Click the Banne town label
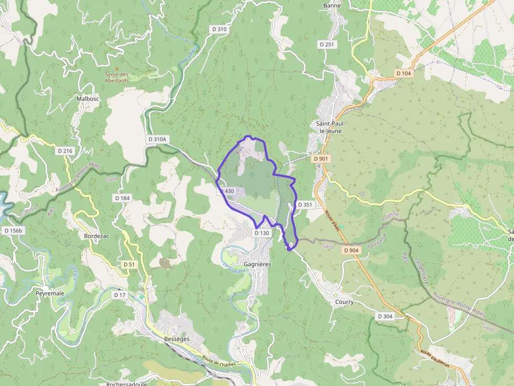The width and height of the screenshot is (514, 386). [332, 6]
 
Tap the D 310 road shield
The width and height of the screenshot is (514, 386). [220, 29]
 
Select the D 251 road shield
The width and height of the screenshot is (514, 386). [327, 45]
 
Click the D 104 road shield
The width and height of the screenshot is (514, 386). [403, 73]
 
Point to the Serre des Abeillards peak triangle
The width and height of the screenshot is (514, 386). [116, 68]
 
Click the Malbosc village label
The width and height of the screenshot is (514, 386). [88, 98]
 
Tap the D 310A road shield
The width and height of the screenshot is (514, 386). [157, 139]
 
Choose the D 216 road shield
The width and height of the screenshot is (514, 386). [65, 151]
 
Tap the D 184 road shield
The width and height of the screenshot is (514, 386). [122, 198]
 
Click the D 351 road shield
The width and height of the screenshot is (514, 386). [305, 205]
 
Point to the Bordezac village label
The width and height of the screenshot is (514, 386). [97, 236]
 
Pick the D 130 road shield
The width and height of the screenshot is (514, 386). [262, 233]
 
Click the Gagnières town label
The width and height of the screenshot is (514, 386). [258, 264]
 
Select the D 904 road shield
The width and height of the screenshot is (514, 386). [351, 251]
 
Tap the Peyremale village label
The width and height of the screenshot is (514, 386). [50, 293]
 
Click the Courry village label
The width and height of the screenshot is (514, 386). [344, 302]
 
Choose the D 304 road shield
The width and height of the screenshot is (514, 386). [385, 316]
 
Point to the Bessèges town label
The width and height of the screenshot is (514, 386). [173, 339]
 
